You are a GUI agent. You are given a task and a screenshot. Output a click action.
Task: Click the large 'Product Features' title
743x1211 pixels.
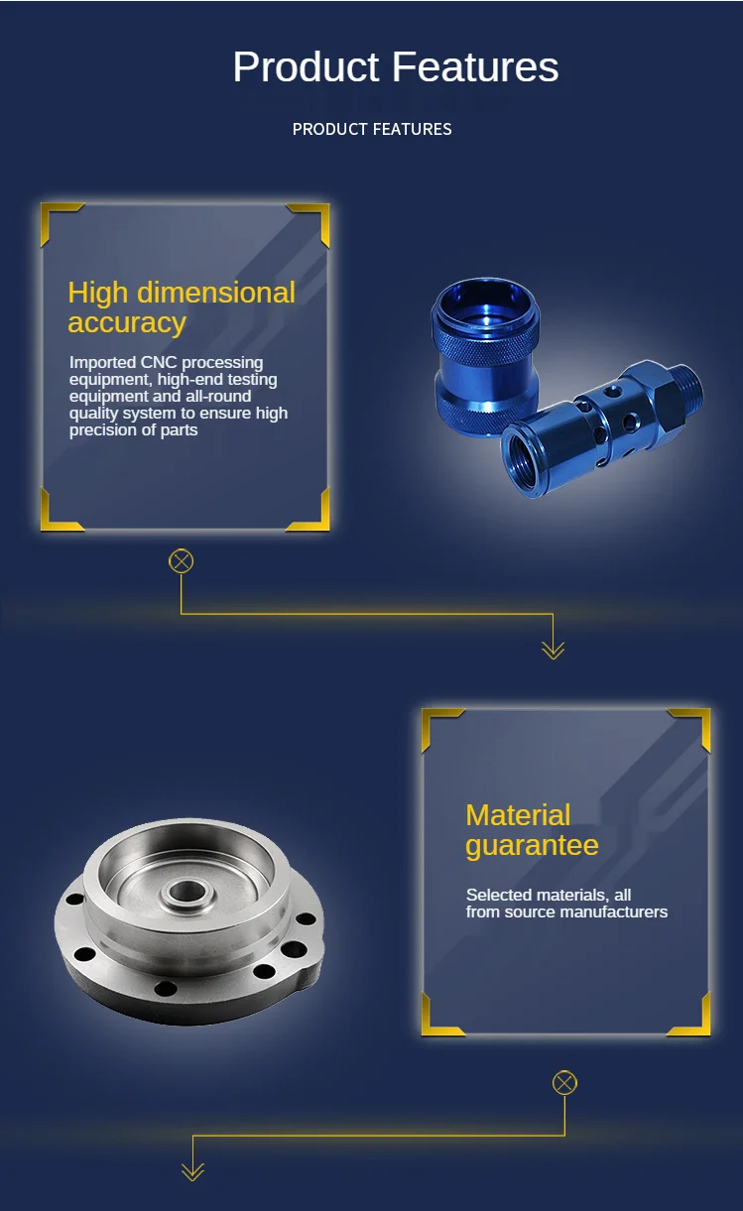point(395,67)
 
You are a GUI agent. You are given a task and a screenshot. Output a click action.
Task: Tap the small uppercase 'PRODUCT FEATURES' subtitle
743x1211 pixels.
point(372,129)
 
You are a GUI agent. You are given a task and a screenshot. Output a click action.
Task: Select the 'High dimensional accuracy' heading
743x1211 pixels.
point(182,307)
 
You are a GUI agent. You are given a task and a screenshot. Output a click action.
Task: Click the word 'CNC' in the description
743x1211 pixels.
point(158,363)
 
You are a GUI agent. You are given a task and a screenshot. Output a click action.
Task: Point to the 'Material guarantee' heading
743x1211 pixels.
point(532,830)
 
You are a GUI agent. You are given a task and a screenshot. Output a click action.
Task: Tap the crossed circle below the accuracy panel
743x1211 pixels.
point(182,561)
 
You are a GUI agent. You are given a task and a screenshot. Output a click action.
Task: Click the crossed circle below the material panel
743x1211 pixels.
point(564,1082)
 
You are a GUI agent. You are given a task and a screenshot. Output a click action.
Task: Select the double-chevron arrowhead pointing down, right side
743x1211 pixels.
point(553,649)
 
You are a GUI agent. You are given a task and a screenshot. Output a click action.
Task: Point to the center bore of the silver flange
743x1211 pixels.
point(185,892)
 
